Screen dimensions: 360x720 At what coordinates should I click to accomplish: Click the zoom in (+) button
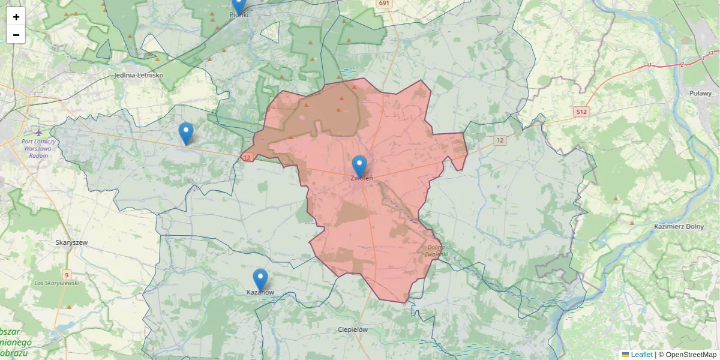click(x=16, y=17)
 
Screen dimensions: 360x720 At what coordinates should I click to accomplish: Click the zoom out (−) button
click(x=16, y=35)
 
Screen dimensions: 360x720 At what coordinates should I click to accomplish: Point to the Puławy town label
click(x=700, y=93)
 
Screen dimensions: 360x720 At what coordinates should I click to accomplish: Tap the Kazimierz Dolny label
click(x=679, y=226)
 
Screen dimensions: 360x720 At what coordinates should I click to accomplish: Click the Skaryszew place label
click(x=71, y=242)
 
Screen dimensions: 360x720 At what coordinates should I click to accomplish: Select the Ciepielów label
click(x=353, y=329)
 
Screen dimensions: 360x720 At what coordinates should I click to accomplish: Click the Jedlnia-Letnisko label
click(x=139, y=76)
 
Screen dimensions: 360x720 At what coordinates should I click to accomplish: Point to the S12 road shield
click(x=581, y=112)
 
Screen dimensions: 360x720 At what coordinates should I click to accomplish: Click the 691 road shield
click(x=385, y=4)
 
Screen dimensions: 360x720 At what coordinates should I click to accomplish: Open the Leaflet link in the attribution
click(x=641, y=355)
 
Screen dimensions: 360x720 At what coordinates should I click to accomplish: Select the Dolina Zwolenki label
click(x=436, y=251)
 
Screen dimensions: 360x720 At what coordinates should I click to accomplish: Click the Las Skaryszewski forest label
click(x=57, y=283)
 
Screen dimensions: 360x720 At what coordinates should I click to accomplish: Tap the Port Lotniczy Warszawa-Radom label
click(x=38, y=148)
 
